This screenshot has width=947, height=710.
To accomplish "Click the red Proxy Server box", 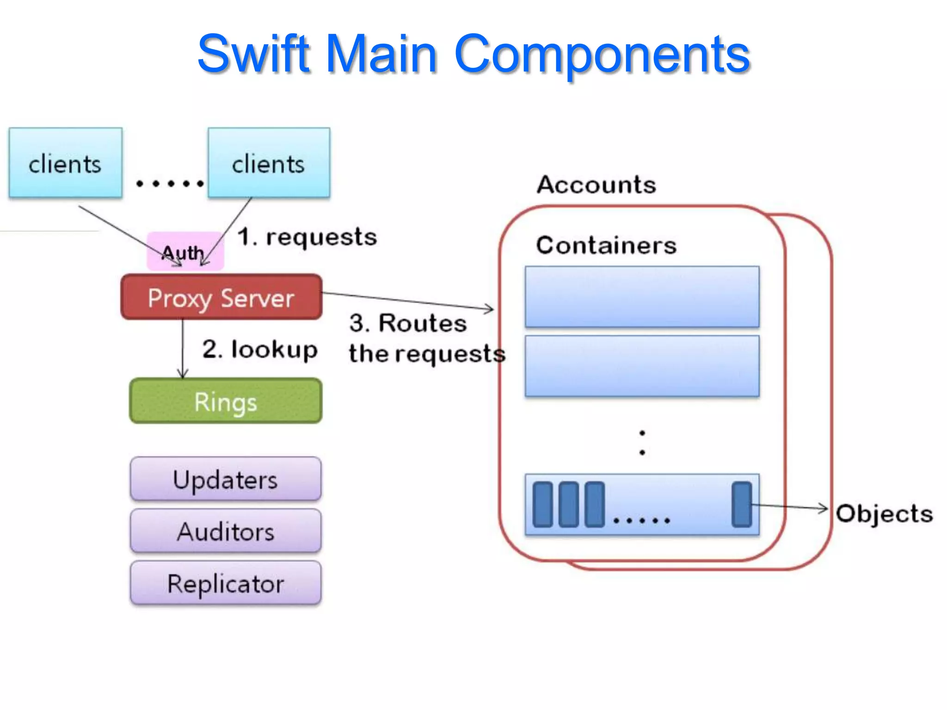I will [221, 297].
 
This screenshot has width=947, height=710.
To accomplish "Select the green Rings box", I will [226, 401].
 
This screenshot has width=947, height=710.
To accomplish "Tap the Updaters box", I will [226, 479].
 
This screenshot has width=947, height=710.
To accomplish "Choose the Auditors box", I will [226, 531].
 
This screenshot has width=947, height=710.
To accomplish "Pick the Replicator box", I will [226, 583].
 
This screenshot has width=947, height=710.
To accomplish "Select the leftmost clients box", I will [65, 163].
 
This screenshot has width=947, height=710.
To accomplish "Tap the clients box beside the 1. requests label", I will [269, 163].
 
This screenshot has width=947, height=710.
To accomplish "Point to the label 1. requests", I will [307, 237].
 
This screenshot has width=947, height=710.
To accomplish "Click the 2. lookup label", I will [260, 349].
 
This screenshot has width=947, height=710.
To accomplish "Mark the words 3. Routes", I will [408, 323].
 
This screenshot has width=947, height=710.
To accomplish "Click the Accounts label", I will [596, 185].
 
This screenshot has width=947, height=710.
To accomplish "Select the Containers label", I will [606, 245].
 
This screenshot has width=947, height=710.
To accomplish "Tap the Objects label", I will [884, 514].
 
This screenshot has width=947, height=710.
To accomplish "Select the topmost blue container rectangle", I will [642, 297].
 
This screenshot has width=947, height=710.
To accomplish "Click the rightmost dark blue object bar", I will [742, 504].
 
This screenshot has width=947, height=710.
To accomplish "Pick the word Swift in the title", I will [253, 54].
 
